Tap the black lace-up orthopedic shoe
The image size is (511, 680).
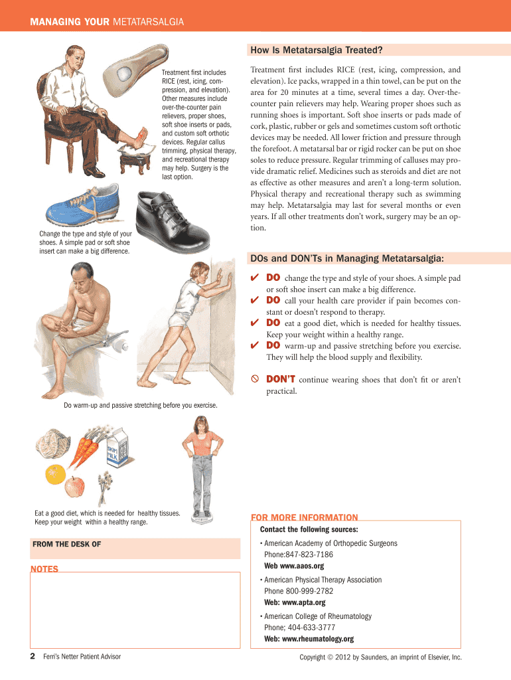pyautogui.click(x=172, y=222)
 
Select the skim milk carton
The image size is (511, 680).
pyautogui.click(x=118, y=448)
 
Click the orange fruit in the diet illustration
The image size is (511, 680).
pyautogui.click(x=56, y=474)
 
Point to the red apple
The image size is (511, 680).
pyautogui.click(x=74, y=487)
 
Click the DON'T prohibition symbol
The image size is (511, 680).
pyautogui.click(x=255, y=379)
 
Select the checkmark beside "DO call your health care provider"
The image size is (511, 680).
pyautogui.click(x=255, y=299)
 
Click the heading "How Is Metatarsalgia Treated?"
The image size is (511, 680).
pyautogui.click(x=317, y=50)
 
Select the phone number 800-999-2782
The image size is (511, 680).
pyautogui.click(x=309, y=591)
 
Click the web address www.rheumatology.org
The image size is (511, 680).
pyautogui.click(x=318, y=639)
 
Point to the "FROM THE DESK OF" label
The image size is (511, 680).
pyautogui.click(x=67, y=545)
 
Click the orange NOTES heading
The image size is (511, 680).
pyautogui.click(x=44, y=568)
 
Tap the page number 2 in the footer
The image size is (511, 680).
pyautogui.click(x=33, y=656)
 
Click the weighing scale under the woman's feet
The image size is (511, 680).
pyautogui.click(x=202, y=517)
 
